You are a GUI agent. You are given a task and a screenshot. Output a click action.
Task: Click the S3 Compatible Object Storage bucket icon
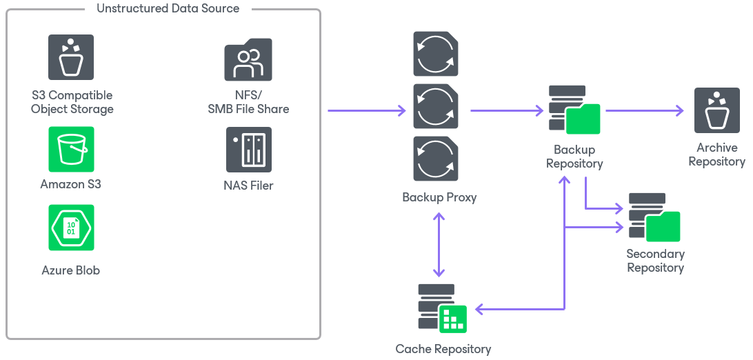[x=71, y=58]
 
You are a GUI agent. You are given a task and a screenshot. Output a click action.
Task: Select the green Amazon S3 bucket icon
[x=71, y=149]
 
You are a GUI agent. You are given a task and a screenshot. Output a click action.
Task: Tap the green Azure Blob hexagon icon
[x=71, y=228]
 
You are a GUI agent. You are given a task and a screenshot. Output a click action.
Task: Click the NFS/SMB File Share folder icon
[x=248, y=60]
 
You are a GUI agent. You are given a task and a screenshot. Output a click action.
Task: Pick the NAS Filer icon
[x=248, y=149]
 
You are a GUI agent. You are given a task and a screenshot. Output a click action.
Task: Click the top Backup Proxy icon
[x=436, y=54]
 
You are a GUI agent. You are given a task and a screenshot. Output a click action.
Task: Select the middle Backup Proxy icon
[x=436, y=106]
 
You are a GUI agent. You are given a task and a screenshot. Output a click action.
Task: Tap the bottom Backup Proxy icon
[x=436, y=159]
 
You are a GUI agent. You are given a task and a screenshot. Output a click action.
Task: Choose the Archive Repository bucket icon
[x=717, y=110]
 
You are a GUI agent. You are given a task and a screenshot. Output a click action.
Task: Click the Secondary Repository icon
[x=654, y=217]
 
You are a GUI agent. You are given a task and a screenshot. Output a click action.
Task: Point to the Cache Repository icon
[x=442, y=308]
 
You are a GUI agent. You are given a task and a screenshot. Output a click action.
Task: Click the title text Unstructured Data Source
[x=168, y=9]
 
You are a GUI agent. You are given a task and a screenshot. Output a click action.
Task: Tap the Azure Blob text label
[x=71, y=270]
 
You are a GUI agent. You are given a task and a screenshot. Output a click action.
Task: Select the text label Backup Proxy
[x=439, y=197]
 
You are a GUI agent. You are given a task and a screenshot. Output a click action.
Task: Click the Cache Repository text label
[x=443, y=349]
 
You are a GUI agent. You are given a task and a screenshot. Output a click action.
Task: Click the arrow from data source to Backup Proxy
[x=365, y=110]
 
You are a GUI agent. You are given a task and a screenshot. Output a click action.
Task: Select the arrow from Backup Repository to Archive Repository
[x=644, y=110]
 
